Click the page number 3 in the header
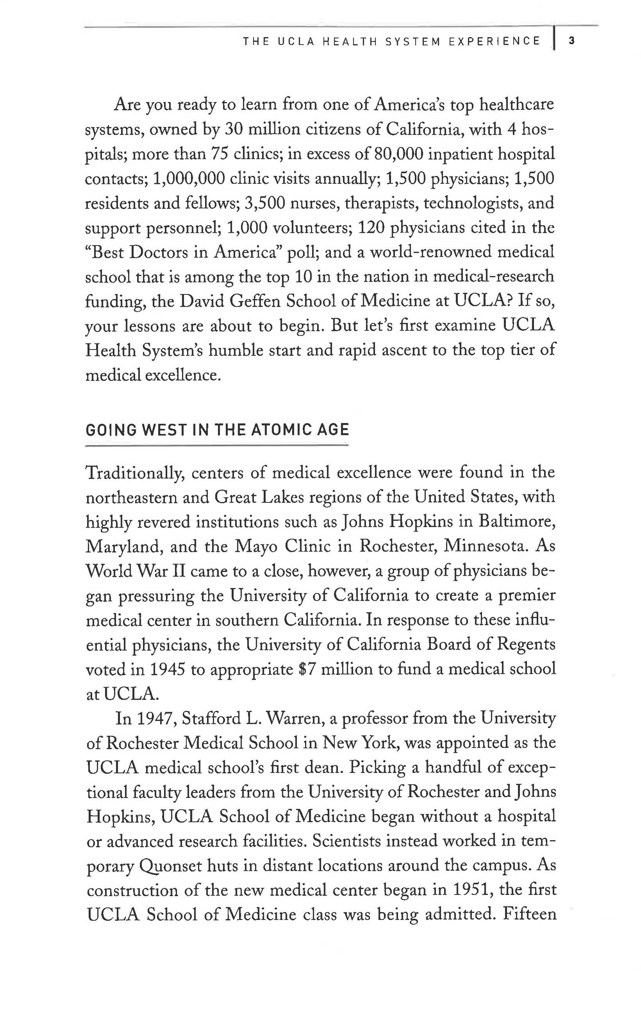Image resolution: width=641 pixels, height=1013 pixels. point(572,41)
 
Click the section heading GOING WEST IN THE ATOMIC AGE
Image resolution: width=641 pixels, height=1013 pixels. point(217,429)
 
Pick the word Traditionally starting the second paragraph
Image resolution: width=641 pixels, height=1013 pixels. point(134,473)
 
